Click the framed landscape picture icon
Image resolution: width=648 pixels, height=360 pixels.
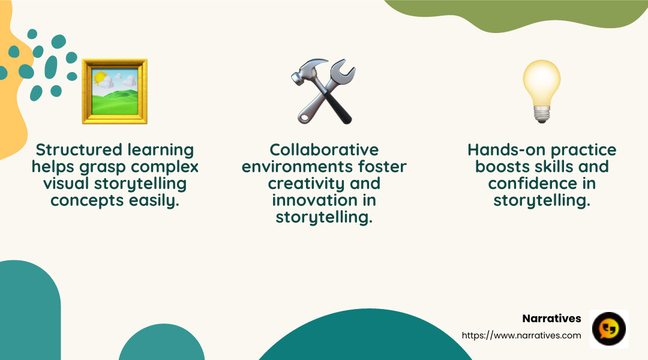coord(114,91)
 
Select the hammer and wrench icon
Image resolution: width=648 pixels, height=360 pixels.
coord(323,91)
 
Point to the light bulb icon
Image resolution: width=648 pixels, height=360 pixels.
coord(541,91)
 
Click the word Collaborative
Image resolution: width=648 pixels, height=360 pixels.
coord(324,149)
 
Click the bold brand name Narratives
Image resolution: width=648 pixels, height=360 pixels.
coord(551,319)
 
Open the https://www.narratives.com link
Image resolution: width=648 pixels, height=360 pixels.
coord(521,335)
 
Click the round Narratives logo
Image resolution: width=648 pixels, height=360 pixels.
coord(609,329)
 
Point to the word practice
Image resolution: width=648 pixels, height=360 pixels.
coord(580,149)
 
